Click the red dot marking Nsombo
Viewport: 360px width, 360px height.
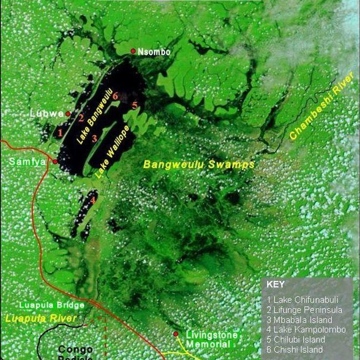pyautogui.click(x=133, y=51)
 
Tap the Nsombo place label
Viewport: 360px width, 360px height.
pyautogui.click(x=154, y=51)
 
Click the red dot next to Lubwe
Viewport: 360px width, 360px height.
pyautogui.click(x=68, y=114)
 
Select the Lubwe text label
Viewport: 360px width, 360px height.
pyautogui.click(x=46, y=113)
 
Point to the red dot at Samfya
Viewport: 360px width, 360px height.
pyautogui.click(x=55, y=161)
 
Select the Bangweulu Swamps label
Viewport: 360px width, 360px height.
pyautogui.click(x=199, y=164)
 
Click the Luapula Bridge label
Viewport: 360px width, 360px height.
pyautogui.click(x=52, y=305)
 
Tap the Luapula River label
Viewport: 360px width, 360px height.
pyautogui.click(x=41, y=319)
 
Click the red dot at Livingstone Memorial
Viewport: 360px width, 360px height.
pyautogui.click(x=176, y=334)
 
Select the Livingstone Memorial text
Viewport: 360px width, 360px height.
pyautogui.click(x=211, y=339)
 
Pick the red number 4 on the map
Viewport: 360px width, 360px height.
pyautogui.click(x=92, y=200)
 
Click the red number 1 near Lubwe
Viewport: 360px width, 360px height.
pyautogui.click(x=60, y=132)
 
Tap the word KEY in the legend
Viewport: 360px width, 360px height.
pyautogui.click(x=275, y=284)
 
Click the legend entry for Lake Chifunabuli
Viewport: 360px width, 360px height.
pyautogui.click(x=306, y=299)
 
